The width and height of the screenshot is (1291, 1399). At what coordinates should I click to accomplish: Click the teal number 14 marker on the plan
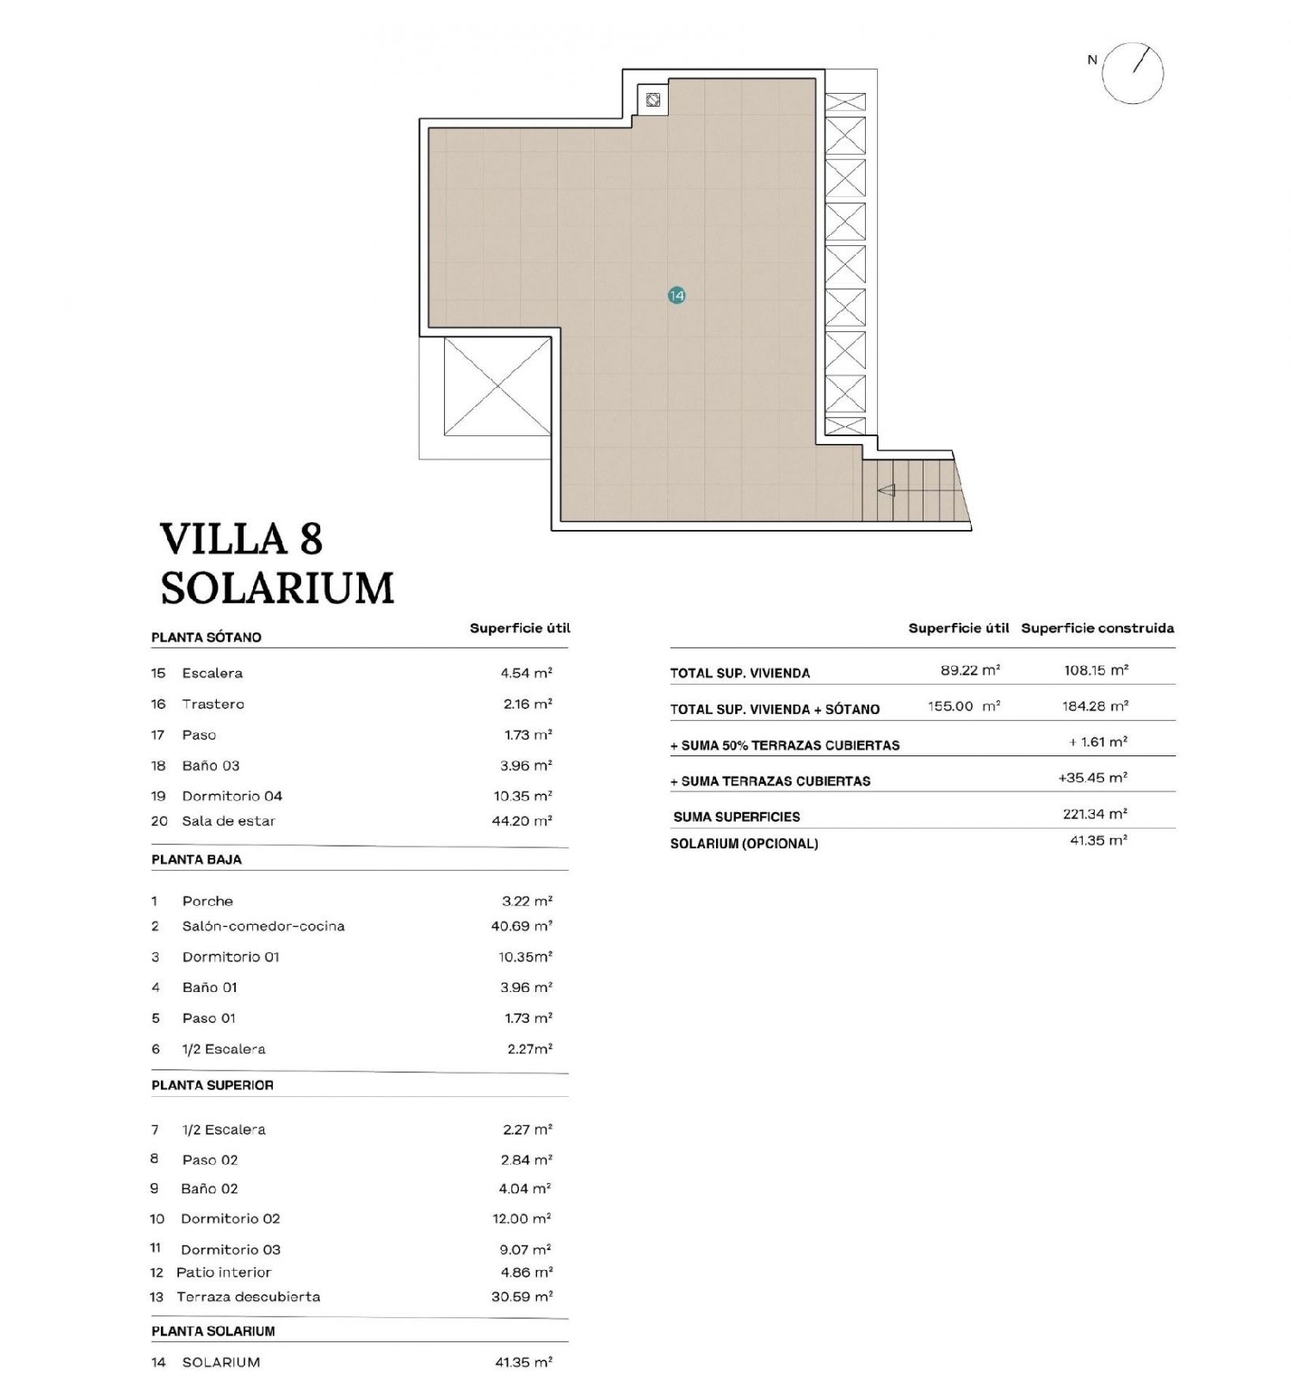676,295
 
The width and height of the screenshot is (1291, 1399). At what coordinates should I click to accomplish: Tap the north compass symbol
1133,73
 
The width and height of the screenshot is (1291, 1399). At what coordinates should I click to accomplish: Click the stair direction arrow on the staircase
886,490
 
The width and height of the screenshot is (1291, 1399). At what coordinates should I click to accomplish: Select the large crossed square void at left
497,386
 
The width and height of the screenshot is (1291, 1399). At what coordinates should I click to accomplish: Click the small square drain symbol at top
653,100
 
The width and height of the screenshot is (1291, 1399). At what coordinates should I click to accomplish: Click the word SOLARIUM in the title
277,589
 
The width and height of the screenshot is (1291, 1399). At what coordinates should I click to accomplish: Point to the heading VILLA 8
241,539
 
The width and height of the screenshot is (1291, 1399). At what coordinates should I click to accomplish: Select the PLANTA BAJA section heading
196,860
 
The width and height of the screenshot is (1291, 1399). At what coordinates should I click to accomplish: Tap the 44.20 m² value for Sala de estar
522,821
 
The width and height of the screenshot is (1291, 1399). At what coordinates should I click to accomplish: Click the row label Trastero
213,704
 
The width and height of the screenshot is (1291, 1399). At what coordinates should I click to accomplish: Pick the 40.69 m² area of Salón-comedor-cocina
522,926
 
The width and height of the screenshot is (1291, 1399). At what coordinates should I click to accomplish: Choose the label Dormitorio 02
230,1218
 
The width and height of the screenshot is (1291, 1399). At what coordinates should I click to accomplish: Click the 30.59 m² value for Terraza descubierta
522,1296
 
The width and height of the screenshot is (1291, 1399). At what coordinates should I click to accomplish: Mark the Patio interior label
223,1272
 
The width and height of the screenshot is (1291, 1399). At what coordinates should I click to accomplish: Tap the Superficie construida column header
1097,628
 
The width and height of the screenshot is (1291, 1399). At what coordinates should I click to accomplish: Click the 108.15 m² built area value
1096,669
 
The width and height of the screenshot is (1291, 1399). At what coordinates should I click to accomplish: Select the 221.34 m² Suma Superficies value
1095,813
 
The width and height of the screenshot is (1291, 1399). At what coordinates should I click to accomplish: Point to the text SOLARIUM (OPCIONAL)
744,843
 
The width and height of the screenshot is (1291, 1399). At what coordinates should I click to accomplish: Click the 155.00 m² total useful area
963,706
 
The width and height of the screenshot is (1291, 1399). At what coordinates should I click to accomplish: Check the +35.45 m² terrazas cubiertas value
1092,777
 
